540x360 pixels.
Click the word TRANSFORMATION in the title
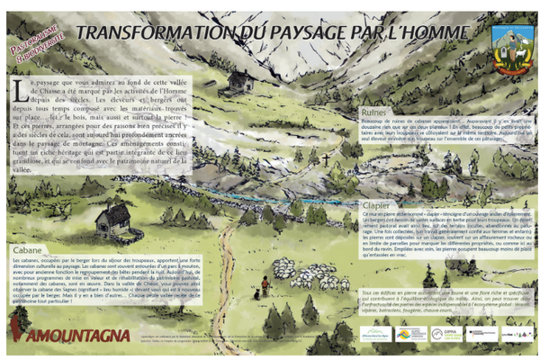tap(140, 33)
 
